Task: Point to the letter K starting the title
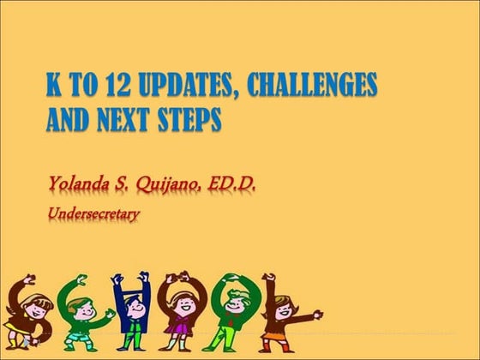(54, 87)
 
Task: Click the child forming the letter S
(27, 313)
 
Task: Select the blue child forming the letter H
(130, 313)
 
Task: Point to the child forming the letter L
(283, 313)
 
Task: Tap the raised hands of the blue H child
(130, 280)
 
